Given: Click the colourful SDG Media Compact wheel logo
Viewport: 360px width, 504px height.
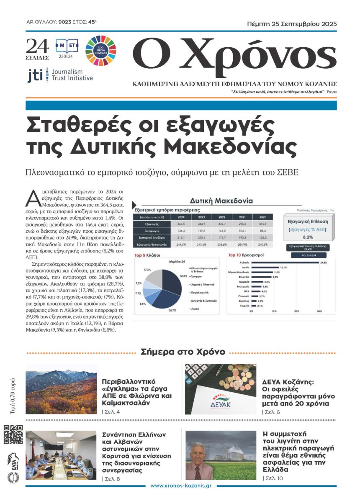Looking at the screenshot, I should click(x=100, y=51).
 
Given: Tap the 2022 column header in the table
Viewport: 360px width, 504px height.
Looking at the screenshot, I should click(x=220, y=217).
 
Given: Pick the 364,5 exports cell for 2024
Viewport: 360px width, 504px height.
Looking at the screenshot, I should click(x=181, y=224).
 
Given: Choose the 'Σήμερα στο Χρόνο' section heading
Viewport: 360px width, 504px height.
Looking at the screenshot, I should click(x=183, y=352).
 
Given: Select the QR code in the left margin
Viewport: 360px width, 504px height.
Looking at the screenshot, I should click(x=13, y=435).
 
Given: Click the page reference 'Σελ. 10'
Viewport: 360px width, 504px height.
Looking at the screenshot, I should click(x=273, y=478).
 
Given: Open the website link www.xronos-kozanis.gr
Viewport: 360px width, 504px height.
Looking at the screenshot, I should click(x=180, y=486).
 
